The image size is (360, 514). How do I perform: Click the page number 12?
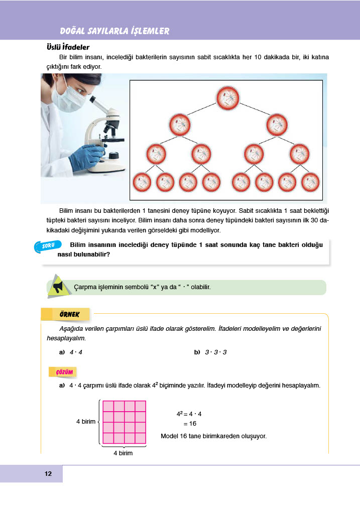[48, 474]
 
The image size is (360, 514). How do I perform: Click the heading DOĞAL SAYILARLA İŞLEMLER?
[114, 31]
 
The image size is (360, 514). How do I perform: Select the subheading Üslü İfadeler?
[68, 47]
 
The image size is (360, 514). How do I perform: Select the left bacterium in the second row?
[179, 125]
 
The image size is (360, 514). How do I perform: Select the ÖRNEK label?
[66, 314]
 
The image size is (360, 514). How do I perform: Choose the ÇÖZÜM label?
[63, 371]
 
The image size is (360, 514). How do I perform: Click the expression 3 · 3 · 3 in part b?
[216, 352]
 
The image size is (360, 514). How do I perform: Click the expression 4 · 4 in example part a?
[76, 352]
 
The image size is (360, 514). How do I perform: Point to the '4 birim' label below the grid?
[123, 453]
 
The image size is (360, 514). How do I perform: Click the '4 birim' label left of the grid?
[85, 422]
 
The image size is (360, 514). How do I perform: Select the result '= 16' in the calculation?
[190, 423]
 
